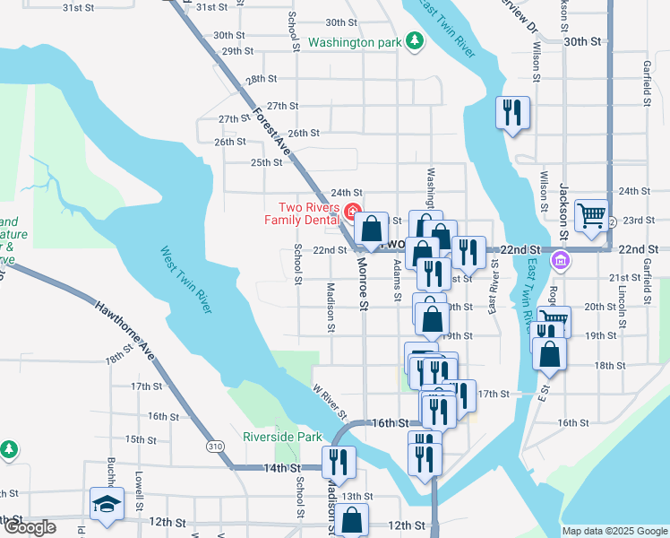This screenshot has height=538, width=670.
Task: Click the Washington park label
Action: [355, 42]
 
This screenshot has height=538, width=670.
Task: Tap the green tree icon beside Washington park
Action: [414, 41]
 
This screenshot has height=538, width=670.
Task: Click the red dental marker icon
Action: [352, 213]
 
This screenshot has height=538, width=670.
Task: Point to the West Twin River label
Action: [186, 280]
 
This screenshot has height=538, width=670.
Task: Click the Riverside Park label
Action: [282, 438]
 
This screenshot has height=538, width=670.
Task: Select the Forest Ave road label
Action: [272, 130]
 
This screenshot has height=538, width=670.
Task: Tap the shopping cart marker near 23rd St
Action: [591, 215]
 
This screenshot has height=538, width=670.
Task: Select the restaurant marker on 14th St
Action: [339, 462]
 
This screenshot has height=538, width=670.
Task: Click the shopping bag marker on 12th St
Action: [354, 520]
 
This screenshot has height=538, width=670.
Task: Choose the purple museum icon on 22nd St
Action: [562, 262]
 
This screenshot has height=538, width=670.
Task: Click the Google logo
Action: [30, 527]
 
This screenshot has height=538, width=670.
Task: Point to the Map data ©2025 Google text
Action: [614, 531]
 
